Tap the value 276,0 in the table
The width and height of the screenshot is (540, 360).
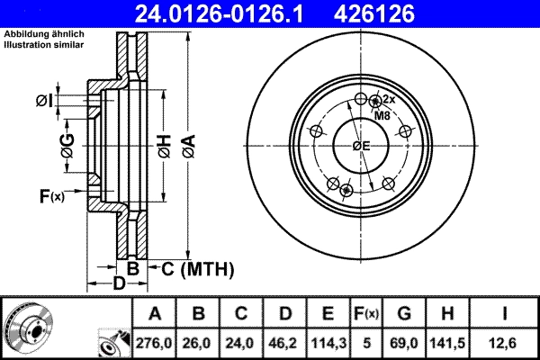pyautogui.click(x=155, y=343)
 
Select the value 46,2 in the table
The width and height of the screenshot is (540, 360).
pyautogui.click(x=284, y=343)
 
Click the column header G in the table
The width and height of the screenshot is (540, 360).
pyautogui.click(x=403, y=314)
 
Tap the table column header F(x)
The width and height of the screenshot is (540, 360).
pyautogui.click(x=364, y=314)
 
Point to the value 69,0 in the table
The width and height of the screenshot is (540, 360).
pyautogui.click(x=403, y=343)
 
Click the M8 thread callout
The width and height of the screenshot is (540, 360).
pyautogui.click(x=382, y=116)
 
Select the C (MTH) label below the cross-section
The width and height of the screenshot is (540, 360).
pyautogui.click(x=197, y=268)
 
